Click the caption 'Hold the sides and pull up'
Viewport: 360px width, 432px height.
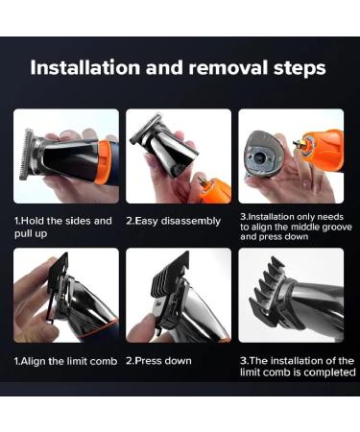[63, 226]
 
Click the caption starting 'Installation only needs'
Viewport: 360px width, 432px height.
[290, 227]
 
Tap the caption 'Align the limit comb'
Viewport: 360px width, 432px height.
[64, 361]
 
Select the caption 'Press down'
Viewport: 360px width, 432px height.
[159, 361]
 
